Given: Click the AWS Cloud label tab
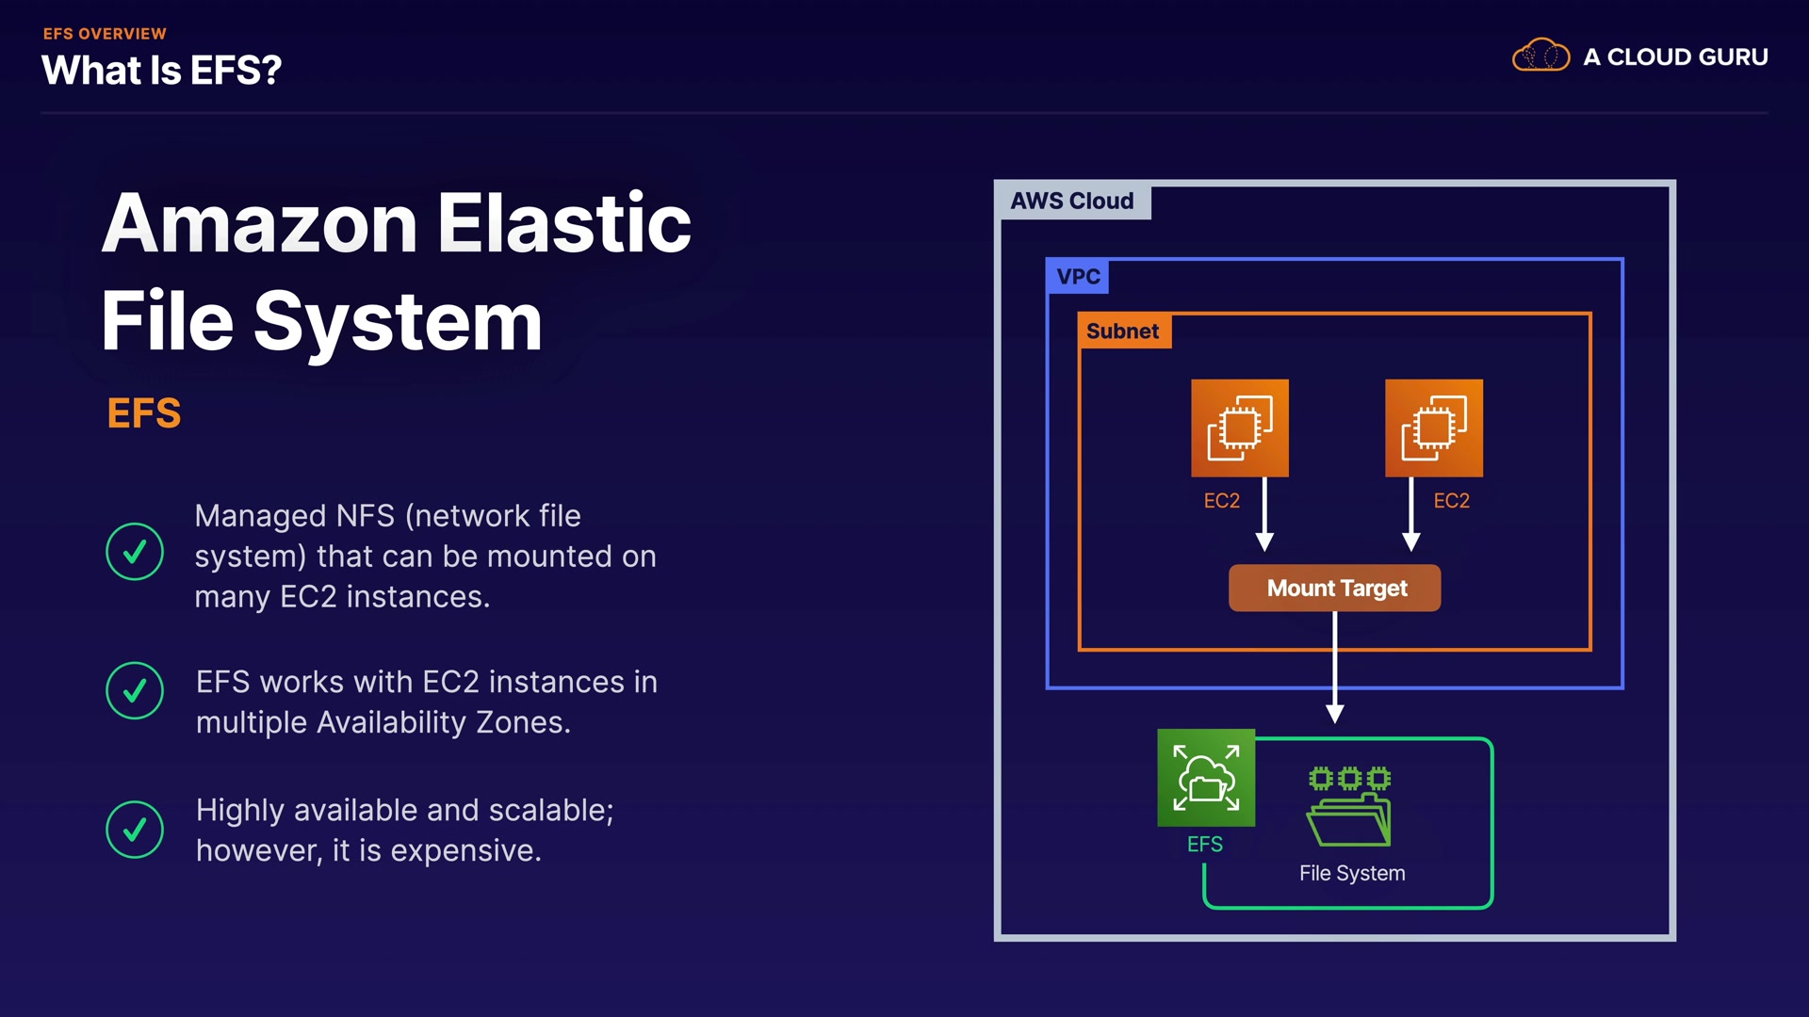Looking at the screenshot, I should pyautogui.click(x=1072, y=201).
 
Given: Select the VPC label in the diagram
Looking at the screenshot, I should pyautogui.click(x=1078, y=276).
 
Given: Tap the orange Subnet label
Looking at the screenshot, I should pyautogui.click(x=1123, y=331).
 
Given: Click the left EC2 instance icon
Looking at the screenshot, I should pyautogui.click(x=1240, y=428).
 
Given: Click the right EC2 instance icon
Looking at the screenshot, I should pyautogui.click(x=1433, y=428).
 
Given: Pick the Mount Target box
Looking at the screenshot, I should pyautogui.click(x=1335, y=589).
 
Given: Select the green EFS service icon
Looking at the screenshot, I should pyautogui.click(x=1206, y=778).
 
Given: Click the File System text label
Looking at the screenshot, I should pyautogui.click(x=1352, y=873).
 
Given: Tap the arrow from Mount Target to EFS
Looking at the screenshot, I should pyautogui.click(x=1335, y=669).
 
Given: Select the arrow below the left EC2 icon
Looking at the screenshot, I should pyautogui.click(x=1264, y=515).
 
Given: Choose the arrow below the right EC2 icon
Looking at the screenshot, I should pyautogui.click(x=1410, y=515).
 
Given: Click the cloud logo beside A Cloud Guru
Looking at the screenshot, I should pyautogui.click(x=1540, y=56).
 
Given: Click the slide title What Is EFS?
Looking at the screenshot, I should pyautogui.click(x=161, y=71).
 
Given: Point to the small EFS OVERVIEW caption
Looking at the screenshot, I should pyautogui.click(x=105, y=34).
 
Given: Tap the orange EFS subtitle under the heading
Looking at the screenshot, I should pyautogui.click(x=143, y=413).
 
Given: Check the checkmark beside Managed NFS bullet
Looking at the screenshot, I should pyautogui.click(x=135, y=552).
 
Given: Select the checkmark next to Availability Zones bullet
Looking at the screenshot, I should pyautogui.click(x=135, y=690).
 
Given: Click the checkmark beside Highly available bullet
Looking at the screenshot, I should pyautogui.click(x=135, y=830).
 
